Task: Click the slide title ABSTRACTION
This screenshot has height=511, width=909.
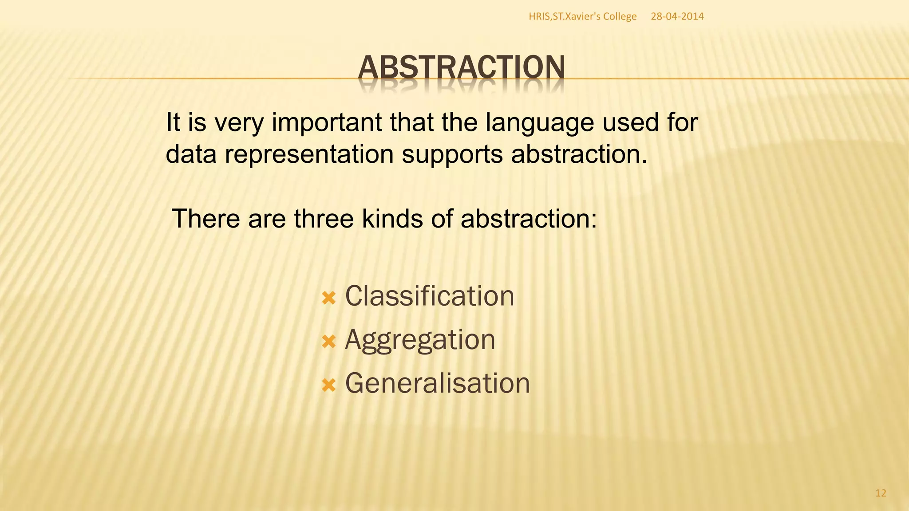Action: point(461,67)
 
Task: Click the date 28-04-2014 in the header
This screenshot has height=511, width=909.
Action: point(677,16)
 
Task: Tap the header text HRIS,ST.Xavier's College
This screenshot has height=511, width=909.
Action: point(582,16)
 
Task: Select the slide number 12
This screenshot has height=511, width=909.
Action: point(881,493)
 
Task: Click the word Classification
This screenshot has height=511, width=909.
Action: point(429,296)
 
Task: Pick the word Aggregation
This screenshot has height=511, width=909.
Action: point(419,340)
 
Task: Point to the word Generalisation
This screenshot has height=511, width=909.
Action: point(437,383)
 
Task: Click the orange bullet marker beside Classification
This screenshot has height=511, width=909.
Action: point(328,298)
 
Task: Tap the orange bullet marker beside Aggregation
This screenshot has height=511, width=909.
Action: point(328,342)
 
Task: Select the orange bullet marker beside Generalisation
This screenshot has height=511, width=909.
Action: point(328,385)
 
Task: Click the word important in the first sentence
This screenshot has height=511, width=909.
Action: point(327,123)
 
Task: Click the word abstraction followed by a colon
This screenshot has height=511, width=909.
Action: point(528,219)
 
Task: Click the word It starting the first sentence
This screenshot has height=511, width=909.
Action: point(173,122)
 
